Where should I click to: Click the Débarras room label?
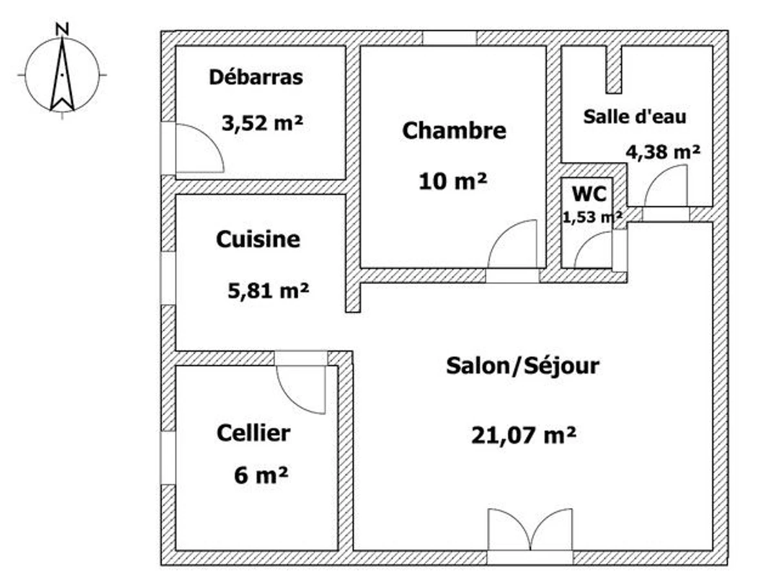pyautogui.click(x=256, y=77)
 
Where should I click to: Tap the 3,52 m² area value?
pyautogui.click(x=262, y=123)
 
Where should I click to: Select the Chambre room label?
pyautogui.click(x=454, y=130)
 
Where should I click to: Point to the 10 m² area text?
pyautogui.click(x=453, y=181)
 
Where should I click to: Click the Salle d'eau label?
pyautogui.click(x=634, y=117)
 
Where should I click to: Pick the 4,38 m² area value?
pyautogui.click(x=663, y=152)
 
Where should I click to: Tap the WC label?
pyautogui.click(x=589, y=194)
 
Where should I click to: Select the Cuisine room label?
pyautogui.click(x=258, y=240)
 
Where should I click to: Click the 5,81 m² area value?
pyautogui.click(x=268, y=291)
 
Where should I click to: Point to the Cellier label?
pyautogui.click(x=254, y=433)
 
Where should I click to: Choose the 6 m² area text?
pyautogui.click(x=261, y=475)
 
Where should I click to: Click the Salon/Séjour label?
pyautogui.click(x=522, y=366)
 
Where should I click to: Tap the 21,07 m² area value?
pyautogui.click(x=524, y=435)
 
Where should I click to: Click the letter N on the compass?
pyautogui.click(x=62, y=29)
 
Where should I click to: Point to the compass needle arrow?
pyautogui.click(x=62, y=74)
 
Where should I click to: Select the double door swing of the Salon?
pyautogui.click(x=530, y=529)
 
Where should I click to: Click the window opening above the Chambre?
pyautogui.click(x=449, y=39)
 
